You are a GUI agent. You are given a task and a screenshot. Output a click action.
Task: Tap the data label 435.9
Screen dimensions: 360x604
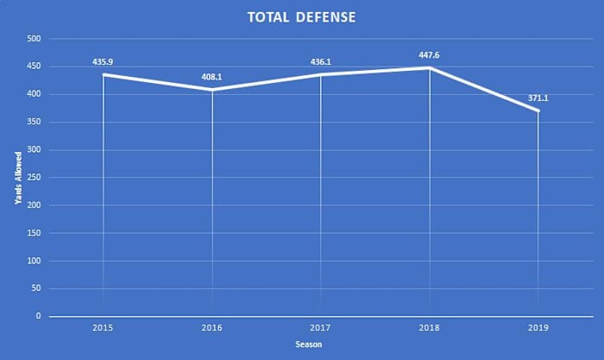point(104,62)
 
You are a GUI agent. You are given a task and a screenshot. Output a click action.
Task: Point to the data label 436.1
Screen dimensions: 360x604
point(321,62)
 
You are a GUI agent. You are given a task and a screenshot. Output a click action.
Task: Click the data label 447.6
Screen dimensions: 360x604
point(430,54)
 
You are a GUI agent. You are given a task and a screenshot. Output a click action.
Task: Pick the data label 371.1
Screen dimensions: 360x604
point(538,98)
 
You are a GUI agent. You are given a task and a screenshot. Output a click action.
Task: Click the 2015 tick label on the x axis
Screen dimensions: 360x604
point(104,329)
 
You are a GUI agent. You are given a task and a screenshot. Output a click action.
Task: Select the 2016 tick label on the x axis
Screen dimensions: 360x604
point(212,329)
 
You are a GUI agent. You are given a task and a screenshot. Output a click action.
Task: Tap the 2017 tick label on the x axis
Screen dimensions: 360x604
point(321,329)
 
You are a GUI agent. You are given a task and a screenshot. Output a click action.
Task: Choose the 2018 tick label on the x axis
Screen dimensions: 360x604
point(430,329)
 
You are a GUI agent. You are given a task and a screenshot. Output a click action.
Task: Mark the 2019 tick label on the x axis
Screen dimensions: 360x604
point(538,329)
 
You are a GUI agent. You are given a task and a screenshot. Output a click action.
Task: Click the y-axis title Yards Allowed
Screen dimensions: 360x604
point(18,178)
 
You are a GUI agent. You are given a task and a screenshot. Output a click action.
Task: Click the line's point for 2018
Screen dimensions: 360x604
point(430,67)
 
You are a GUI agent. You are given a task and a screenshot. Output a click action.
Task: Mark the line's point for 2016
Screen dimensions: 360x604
point(212,90)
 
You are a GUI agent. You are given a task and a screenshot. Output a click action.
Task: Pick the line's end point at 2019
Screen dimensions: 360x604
point(538,111)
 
